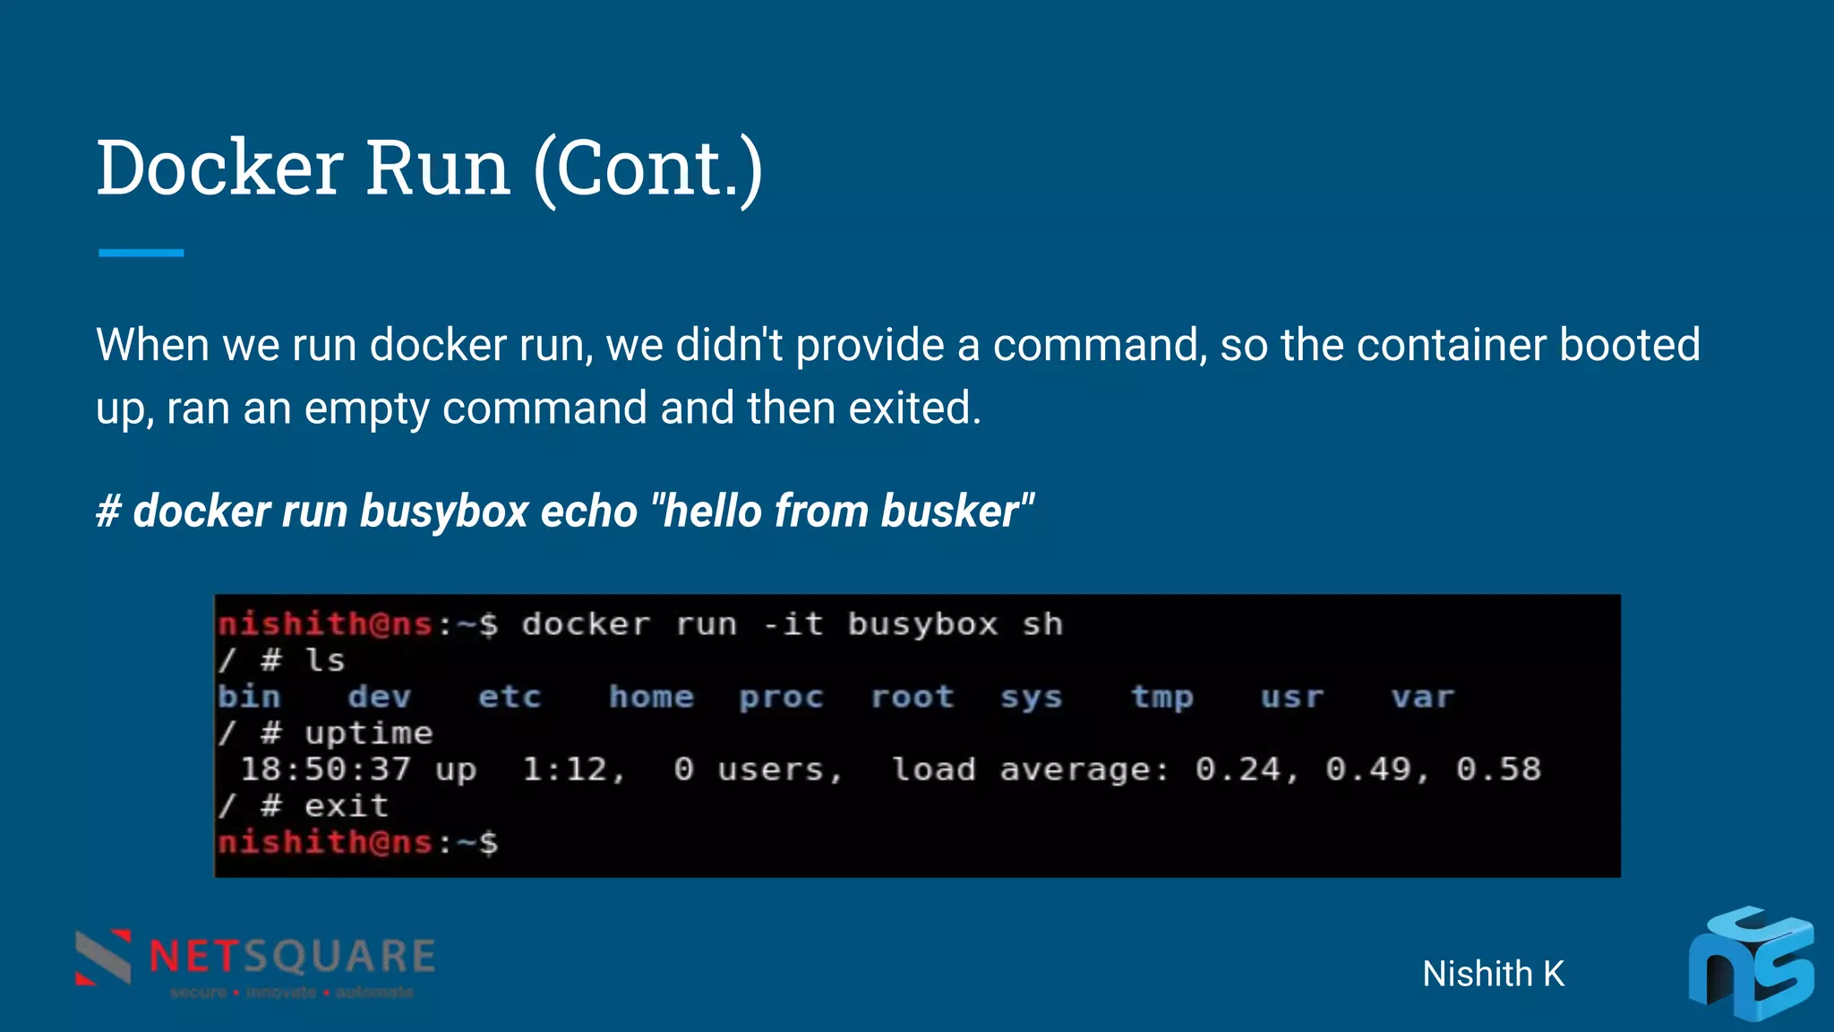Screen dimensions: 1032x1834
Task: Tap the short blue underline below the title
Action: tap(141, 254)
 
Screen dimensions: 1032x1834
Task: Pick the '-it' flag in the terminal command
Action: tap(793, 624)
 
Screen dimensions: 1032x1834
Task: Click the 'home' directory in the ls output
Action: tap(651, 697)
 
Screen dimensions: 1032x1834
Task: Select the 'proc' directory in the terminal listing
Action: tap(781, 697)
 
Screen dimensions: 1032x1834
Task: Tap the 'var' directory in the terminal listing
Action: tap(1422, 697)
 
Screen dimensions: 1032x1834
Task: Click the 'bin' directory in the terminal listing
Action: tap(249, 697)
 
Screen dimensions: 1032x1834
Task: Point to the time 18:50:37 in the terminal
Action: tap(326, 770)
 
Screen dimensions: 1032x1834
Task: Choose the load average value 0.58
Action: tap(1498, 770)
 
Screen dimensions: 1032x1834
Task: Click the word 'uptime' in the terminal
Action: tap(368, 734)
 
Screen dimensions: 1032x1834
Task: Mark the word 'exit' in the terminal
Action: tap(346, 806)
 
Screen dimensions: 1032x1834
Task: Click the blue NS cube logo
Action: tap(1750, 966)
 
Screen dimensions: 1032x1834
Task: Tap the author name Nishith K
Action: tap(1493, 974)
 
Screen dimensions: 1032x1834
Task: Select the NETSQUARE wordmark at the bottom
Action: tap(292, 957)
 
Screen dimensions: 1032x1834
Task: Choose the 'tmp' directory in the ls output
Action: tap(1161, 697)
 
